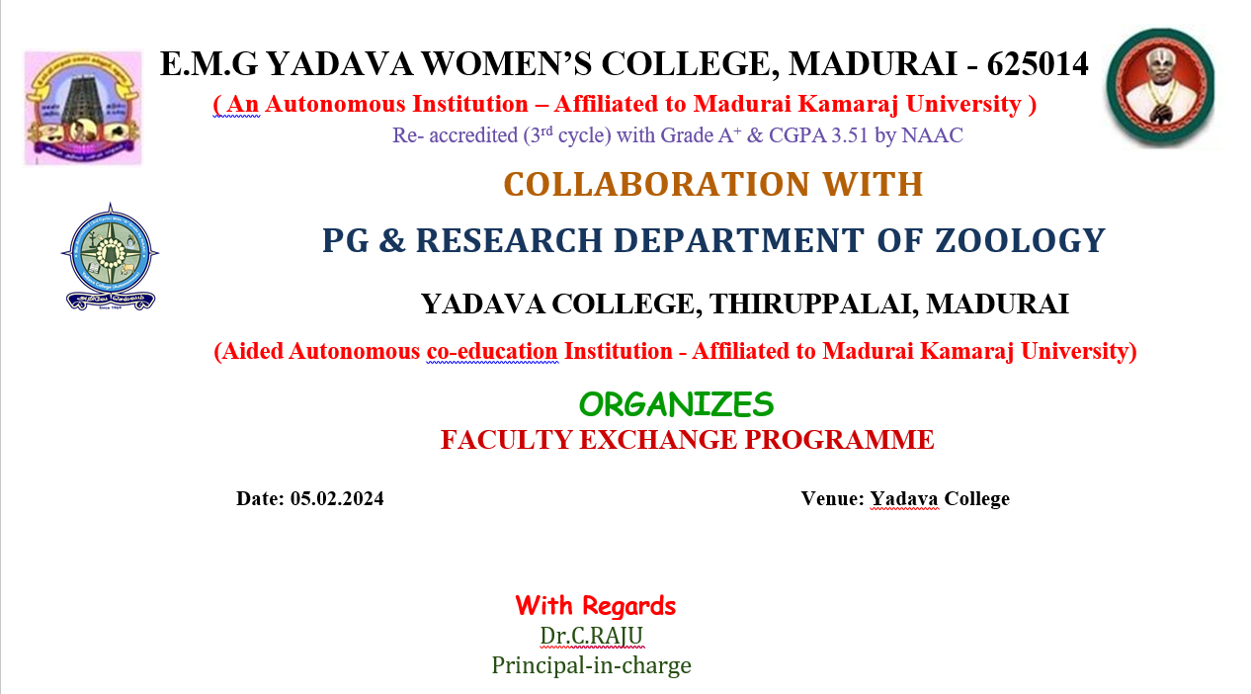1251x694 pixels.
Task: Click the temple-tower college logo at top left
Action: coord(83,108)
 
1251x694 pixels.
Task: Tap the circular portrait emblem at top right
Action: coord(1160,88)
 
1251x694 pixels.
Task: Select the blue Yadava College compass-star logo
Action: coord(110,256)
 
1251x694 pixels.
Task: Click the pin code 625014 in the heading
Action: coord(1038,63)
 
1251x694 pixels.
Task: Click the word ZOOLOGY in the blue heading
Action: coord(1020,241)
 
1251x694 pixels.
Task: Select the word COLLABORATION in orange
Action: coord(657,185)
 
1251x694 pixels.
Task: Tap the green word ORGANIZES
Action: coord(676,404)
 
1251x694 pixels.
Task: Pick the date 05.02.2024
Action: coord(337,498)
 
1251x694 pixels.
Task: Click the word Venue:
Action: coord(833,498)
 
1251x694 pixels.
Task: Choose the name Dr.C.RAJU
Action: coord(592,636)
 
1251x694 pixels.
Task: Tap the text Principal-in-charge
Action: coord(592,665)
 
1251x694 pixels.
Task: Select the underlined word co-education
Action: coord(492,352)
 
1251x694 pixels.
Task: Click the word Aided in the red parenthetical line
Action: coord(249,352)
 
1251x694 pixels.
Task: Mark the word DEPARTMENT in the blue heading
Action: coord(739,241)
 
